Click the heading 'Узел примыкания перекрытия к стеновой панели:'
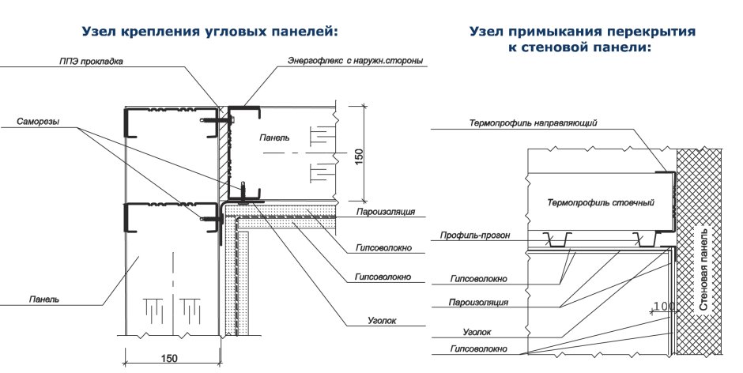coord(582,40)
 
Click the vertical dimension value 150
coord(360,155)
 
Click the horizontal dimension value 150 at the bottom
coord(169,359)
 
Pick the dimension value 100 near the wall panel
coord(663,306)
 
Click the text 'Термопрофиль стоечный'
coord(600,203)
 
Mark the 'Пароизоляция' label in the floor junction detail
coord(477,302)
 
